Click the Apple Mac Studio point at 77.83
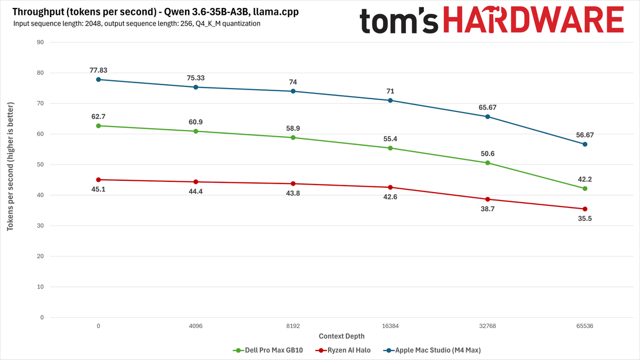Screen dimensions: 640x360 click(x=98, y=79)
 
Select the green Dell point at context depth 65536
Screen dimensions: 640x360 click(x=585, y=189)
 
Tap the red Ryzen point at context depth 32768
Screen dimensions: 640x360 click(x=487, y=199)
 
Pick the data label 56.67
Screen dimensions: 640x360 click(x=585, y=135)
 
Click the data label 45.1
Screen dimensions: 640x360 click(x=98, y=189)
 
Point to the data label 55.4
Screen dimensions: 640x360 click(x=390, y=139)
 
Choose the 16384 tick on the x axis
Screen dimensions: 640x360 click(x=390, y=326)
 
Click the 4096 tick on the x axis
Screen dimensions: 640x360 click(x=196, y=326)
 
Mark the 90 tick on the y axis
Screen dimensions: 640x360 click(x=41, y=42)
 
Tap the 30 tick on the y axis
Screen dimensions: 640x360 click(x=41, y=226)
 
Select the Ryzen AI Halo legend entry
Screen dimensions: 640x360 click(x=343, y=350)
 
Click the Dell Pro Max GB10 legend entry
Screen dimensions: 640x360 click(x=268, y=350)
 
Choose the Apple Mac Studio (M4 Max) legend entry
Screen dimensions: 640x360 click(x=432, y=350)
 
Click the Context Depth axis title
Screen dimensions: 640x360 click(x=342, y=337)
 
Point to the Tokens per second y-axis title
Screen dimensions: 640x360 click(x=10, y=166)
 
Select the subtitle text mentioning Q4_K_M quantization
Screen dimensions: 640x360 click(x=137, y=23)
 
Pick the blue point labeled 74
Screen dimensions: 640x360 click(x=293, y=91)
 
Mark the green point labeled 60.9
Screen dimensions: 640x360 click(x=196, y=131)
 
